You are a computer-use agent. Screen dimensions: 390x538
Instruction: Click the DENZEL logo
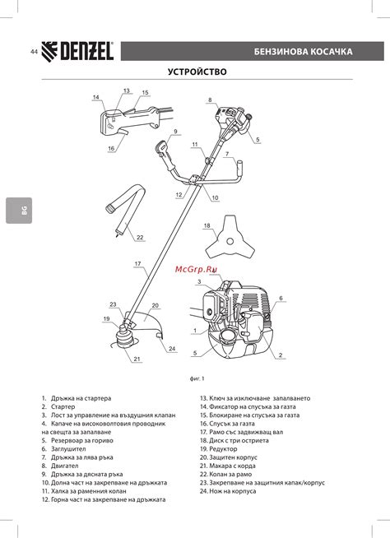(77, 52)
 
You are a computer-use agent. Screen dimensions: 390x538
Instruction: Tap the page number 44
(34, 52)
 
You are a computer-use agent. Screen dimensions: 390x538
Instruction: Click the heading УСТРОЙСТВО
(197, 72)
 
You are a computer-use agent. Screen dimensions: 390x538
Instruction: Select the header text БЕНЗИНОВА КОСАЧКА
(303, 52)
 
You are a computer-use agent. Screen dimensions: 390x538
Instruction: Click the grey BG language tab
(19, 211)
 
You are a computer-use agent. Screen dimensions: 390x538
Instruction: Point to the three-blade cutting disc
(230, 238)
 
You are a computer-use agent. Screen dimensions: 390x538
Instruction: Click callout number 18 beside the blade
(207, 225)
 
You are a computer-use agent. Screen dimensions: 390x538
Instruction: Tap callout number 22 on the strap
(140, 237)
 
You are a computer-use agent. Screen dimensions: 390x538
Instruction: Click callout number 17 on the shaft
(137, 263)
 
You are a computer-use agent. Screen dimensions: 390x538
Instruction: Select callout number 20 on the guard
(156, 305)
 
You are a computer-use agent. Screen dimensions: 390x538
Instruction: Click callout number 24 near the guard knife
(172, 349)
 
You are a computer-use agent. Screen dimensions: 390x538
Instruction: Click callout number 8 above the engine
(210, 100)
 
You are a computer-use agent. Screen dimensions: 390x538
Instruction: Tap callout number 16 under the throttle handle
(111, 148)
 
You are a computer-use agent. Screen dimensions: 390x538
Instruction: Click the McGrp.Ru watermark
(196, 269)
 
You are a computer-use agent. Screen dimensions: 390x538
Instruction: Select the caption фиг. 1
(197, 378)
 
